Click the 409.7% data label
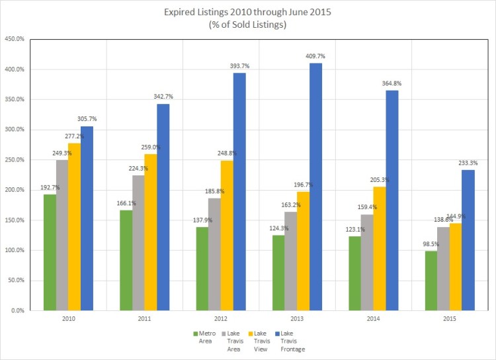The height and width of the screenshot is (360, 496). (x=315, y=56)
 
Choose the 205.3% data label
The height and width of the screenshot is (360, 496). (x=379, y=180)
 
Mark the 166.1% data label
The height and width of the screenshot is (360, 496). (x=126, y=203)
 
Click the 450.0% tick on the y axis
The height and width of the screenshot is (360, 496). (x=14, y=39)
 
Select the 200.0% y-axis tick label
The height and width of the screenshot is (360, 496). (x=14, y=190)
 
